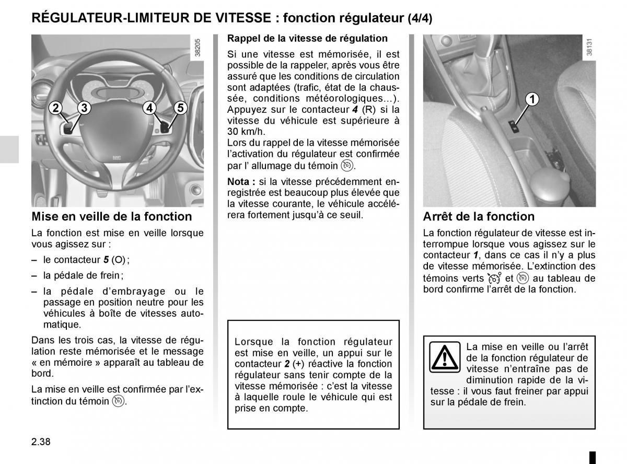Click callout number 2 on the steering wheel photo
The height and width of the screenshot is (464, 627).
click(55, 108)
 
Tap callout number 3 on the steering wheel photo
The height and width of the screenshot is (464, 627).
click(84, 108)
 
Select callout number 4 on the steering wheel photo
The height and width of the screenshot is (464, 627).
click(149, 108)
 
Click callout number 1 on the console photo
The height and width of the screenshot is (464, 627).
click(532, 99)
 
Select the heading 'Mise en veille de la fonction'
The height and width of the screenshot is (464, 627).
click(112, 216)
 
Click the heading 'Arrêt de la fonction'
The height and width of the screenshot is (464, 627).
click(479, 216)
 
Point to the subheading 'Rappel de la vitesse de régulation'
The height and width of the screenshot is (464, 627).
click(307, 38)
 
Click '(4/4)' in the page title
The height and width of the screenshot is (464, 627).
click(420, 19)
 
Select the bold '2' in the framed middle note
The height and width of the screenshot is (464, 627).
click(287, 364)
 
